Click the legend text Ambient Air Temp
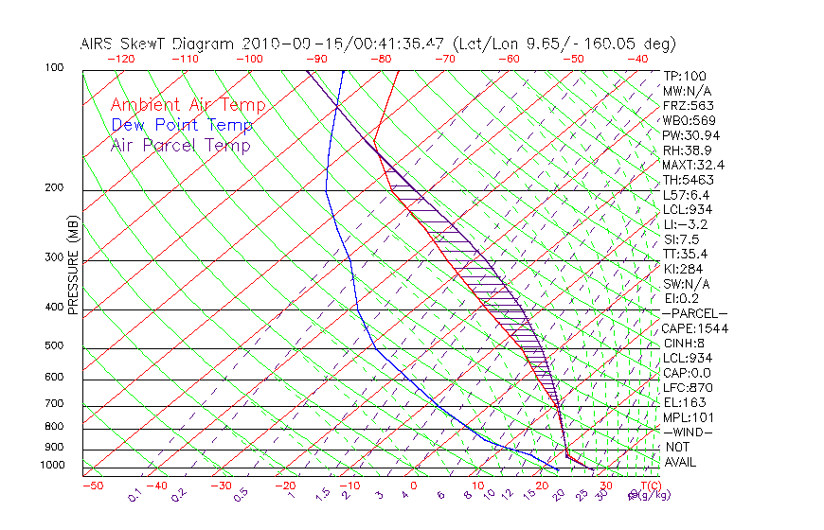click(188, 105)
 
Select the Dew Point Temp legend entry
click(181, 125)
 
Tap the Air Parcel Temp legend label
click(180, 145)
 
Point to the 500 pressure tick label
click(54, 345)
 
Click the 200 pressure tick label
click(54, 187)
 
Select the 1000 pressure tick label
click(51, 465)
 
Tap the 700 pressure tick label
click(54, 404)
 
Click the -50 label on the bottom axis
click(92, 486)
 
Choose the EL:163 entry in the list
click(686, 402)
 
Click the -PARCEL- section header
click(694, 313)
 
